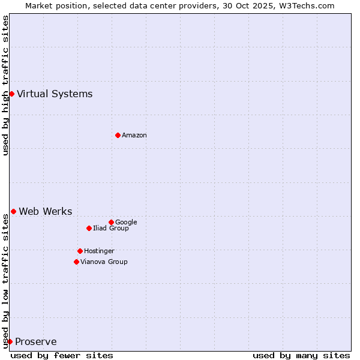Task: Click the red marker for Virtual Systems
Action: (x=11, y=94)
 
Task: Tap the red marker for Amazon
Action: (x=118, y=135)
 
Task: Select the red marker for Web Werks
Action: (x=13, y=211)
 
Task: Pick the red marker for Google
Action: (x=111, y=222)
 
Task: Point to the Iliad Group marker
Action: (x=89, y=228)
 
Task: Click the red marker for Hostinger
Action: (x=80, y=251)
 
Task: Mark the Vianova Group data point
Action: (x=76, y=262)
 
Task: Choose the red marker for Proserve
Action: (x=10, y=341)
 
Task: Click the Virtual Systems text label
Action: (x=55, y=94)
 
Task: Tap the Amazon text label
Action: (x=134, y=135)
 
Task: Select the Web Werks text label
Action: (x=46, y=211)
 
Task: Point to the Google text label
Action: (x=126, y=222)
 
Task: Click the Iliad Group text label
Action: (x=111, y=228)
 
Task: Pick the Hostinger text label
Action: (x=99, y=251)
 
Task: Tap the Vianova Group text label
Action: (x=104, y=262)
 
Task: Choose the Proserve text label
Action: (x=36, y=342)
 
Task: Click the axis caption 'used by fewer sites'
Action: (x=62, y=355)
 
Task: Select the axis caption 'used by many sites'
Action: (x=301, y=355)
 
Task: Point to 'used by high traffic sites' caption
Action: (x=5, y=85)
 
